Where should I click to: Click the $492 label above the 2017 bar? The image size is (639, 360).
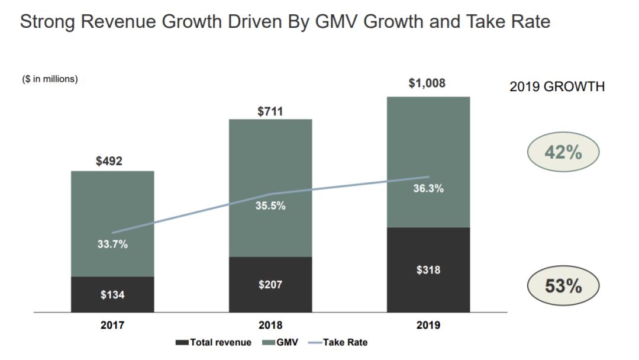point(109,161)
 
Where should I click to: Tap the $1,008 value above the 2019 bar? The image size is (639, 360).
point(427,83)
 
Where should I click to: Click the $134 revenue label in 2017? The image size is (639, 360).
point(112,294)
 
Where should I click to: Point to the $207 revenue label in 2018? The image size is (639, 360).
point(270,285)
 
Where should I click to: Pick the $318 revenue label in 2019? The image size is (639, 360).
point(428,270)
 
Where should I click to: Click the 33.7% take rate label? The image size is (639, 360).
point(112,244)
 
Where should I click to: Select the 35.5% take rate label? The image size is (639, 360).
point(270,207)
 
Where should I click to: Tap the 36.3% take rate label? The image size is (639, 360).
point(428,189)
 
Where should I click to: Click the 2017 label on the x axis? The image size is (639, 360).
point(112,325)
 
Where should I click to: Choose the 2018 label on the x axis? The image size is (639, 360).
point(270,325)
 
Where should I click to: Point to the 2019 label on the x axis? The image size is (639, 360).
point(428,325)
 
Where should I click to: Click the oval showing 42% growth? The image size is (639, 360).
point(563,152)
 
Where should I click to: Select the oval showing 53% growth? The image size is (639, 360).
point(563,287)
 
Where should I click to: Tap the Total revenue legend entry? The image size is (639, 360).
point(214,342)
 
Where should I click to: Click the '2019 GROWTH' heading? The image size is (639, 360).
point(557,86)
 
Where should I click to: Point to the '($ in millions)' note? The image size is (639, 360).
point(50,79)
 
